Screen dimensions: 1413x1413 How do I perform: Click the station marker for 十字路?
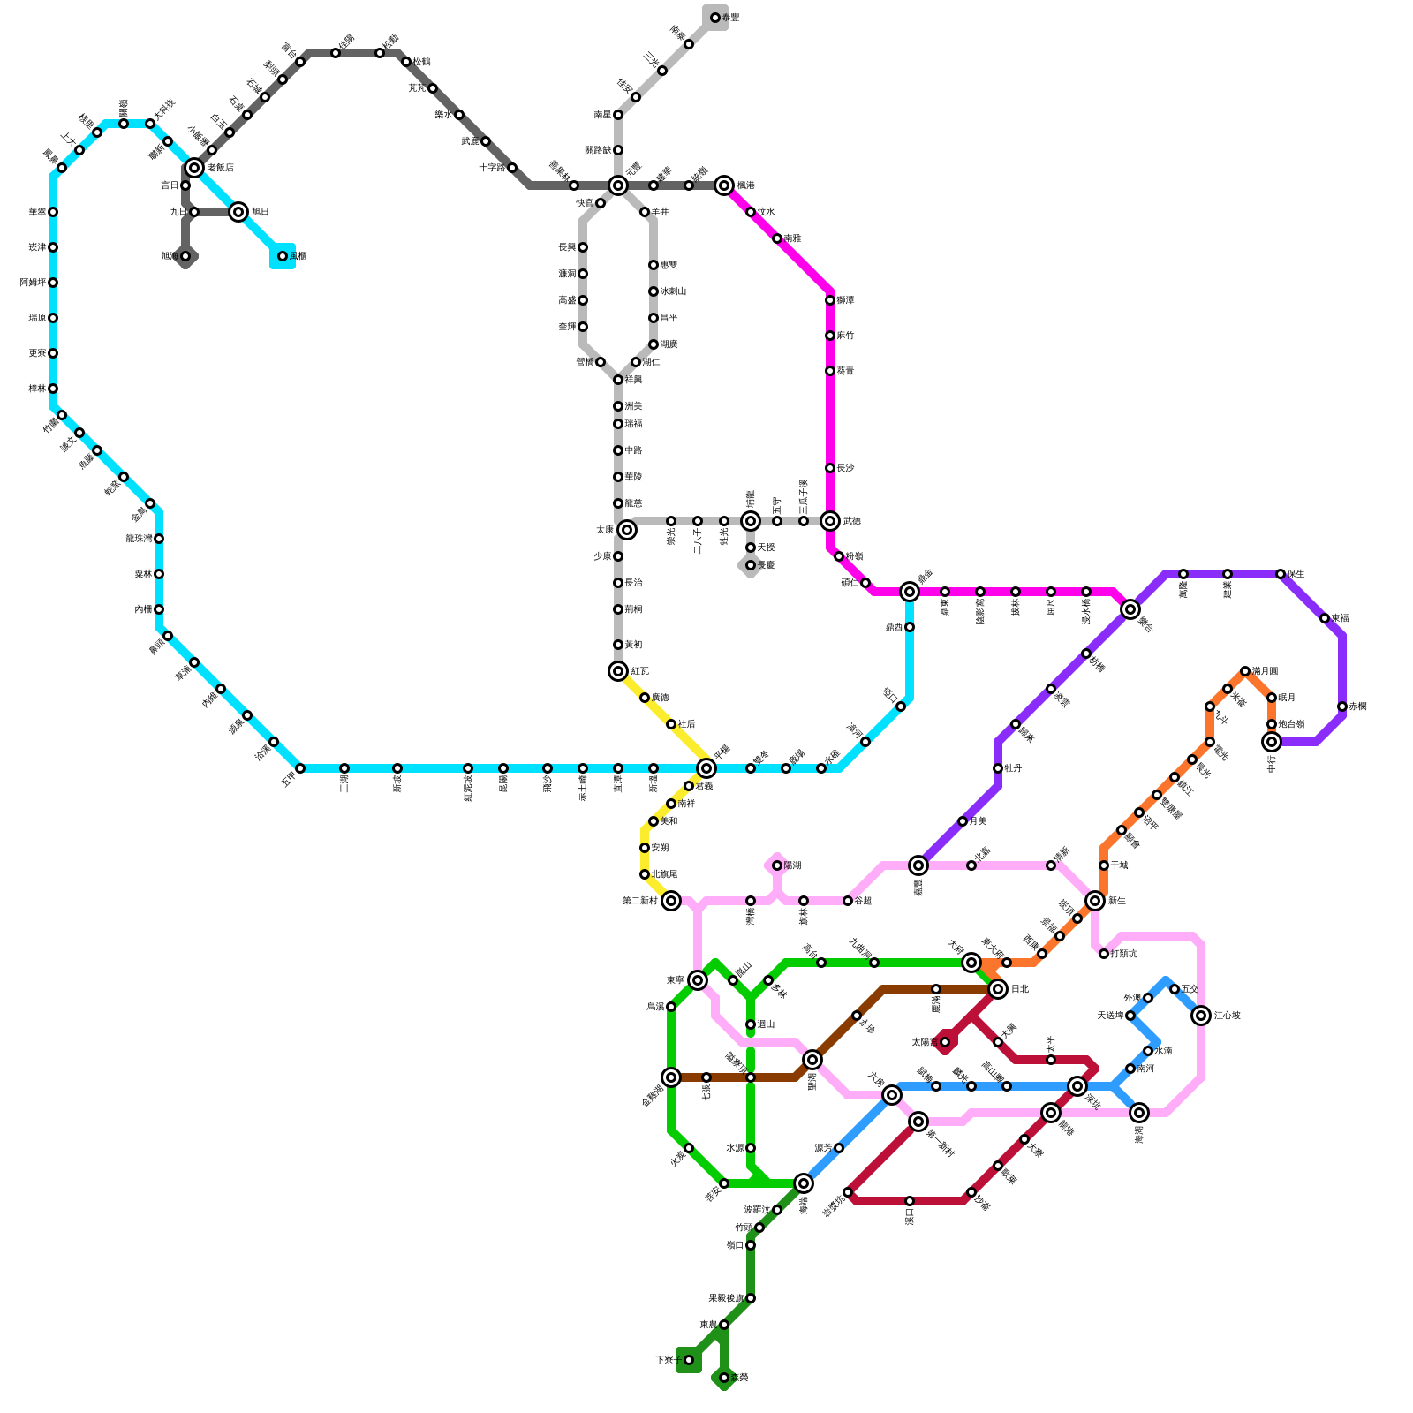pyautogui.click(x=512, y=168)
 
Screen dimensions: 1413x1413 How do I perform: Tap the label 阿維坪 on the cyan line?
pyautogui.click(x=34, y=283)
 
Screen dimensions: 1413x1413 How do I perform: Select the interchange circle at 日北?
pyautogui.click(x=998, y=989)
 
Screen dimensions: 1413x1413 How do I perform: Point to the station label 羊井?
pyautogui.click(x=660, y=212)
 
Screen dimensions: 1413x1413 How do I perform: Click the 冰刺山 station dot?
pyautogui.click(x=654, y=291)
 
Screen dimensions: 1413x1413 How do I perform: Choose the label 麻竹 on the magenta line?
pyautogui.click(x=845, y=336)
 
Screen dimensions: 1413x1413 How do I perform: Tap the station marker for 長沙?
pyautogui.click(x=830, y=468)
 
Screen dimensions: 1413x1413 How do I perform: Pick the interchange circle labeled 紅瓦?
pyautogui.click(x=618, y=671)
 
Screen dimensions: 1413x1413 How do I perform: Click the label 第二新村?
pyautogui.click(x=639, y=901)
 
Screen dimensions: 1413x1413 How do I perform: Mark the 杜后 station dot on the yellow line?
pyautogui.click(x=671, y=724)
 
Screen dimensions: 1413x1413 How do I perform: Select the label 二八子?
pyautogui.click(x=698, y=541)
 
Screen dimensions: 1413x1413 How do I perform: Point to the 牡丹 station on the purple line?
pyautogui.click(x=998, y=768)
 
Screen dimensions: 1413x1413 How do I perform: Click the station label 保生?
pyautogui.click(x=1296, y=574)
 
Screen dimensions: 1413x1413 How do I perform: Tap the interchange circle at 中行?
pyautogui.click(x=1272, y=742)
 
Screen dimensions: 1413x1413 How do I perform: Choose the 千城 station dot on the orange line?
pyautogui.click(x=1104, y=865)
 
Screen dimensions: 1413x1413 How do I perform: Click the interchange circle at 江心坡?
pyautogui.click(x=1201, y=1016)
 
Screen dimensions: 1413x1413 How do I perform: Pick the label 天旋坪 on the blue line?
pyautogui.click(x=1109, y=1016)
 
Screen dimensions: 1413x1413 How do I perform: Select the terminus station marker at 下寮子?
pyautogui.click(x=689, y=1360)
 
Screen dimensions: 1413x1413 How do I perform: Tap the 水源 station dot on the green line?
pyautogui.click(x=751, y=1148)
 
